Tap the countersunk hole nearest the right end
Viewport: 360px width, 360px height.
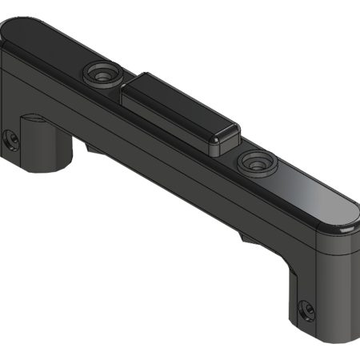(255, 162)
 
